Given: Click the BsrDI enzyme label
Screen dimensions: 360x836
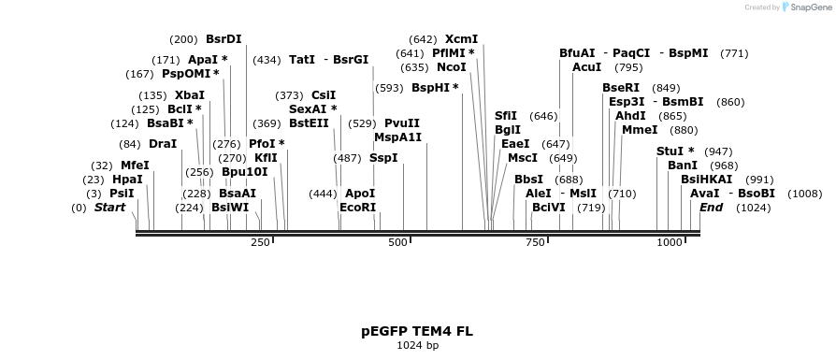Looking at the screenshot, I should [x=223, y=39].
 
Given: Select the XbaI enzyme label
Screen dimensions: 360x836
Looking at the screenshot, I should [x=189, y=95].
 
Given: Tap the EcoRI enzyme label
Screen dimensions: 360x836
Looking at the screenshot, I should [x=357, y=207].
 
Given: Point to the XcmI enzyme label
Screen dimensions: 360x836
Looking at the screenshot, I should [x=461, y=39].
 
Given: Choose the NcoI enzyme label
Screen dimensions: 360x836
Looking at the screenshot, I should [x=451, y=67].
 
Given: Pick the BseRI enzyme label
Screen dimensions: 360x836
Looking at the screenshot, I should [x=621, y=88].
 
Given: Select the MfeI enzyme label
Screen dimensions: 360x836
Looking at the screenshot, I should [x=135, y=166].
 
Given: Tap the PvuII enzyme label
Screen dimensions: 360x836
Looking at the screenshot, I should [x=402, y=123].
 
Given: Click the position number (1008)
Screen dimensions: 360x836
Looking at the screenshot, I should [x=805, y=194].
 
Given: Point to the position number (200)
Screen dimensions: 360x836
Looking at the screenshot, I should [x=183, y=39].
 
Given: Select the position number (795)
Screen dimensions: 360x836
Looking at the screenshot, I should [x=628, y=67].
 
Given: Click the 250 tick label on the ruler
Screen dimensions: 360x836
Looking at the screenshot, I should [x=260, y=243].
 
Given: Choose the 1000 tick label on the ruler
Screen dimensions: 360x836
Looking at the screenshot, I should [x=670, y=243].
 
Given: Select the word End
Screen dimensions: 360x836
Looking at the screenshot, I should [x=711, y=207].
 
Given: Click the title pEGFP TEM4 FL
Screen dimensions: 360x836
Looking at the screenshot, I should [x=417, y=331].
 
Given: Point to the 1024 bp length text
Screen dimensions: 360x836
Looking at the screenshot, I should [x=417, y=346].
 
